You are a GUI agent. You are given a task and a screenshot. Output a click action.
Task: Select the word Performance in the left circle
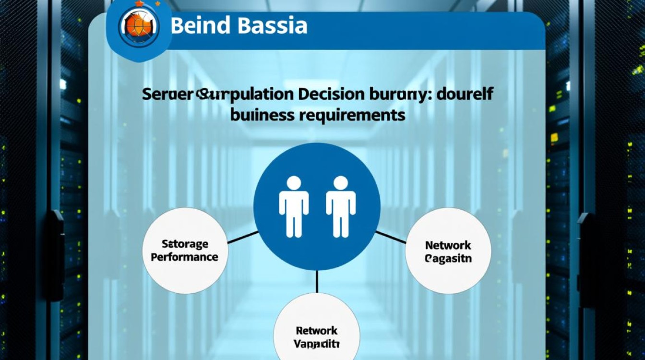[184, 257]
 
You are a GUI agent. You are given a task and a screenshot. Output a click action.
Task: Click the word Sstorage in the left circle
[185, 244]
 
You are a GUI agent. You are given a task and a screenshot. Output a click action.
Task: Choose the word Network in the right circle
[448, 245]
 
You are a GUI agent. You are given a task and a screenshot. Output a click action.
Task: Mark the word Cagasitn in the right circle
[448, 259]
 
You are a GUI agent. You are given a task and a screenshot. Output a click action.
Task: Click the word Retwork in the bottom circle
[317, 331]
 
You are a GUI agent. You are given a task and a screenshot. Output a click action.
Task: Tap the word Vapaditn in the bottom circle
[317, 344]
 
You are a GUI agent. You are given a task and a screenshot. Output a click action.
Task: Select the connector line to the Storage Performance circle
[242, 238]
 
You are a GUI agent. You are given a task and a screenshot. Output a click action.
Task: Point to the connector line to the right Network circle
[391, 237]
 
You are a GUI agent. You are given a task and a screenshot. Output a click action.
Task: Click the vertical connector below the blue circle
[317, 281]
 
